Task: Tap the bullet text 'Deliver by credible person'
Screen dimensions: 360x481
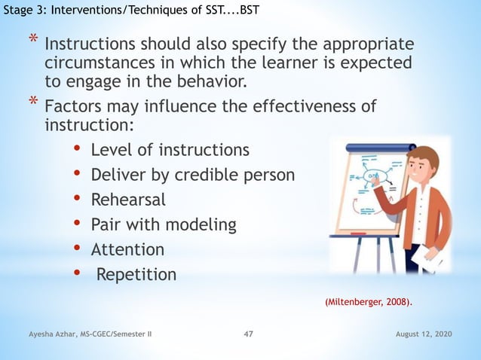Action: [x=193, y=175]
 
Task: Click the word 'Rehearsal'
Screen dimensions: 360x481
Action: [x=128, y=200]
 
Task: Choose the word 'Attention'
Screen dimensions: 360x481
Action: [x=127, y=249]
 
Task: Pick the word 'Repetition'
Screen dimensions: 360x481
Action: [x=136, y=274]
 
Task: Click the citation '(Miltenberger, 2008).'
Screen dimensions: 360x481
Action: [x=369, y=302]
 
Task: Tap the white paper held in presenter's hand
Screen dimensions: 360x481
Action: [x=430, y=260]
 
